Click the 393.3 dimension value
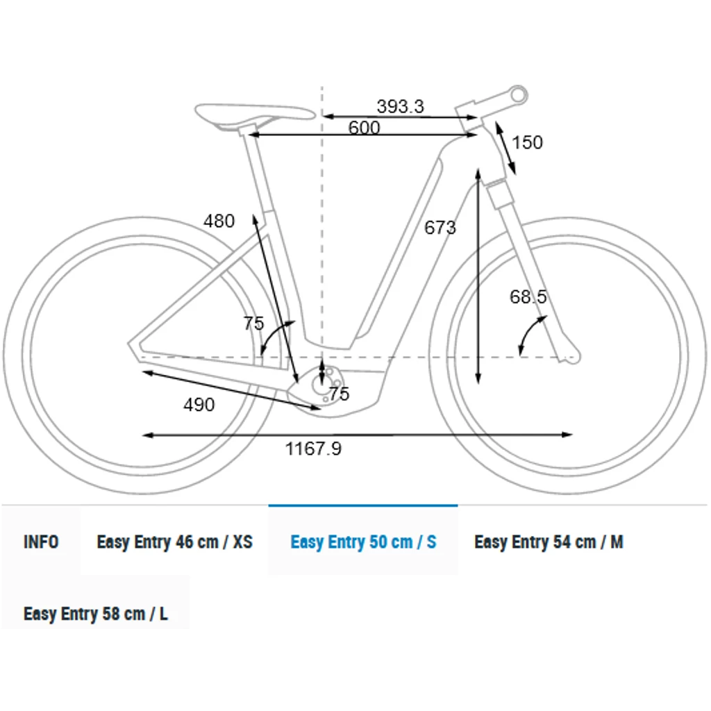coord(400,106)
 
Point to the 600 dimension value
coord(364,128)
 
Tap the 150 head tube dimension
coord(528,142)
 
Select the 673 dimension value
coord(440,227)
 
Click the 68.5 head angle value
coord(528,297)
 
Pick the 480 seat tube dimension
coord(219,221)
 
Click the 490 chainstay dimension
coord(199,405)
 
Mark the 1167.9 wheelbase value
coord(313,449)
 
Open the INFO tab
coord(41,542)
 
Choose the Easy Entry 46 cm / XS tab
coord(174,542)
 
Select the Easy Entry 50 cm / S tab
coord(363,542)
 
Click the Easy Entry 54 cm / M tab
coord(549,542)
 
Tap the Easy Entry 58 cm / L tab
coord(95,614)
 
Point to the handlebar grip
coord(517,93)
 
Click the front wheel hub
coord(571,357)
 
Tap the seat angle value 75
coord(253,324)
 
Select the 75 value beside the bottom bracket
coord(339,394)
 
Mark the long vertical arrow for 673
coord(478,278)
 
